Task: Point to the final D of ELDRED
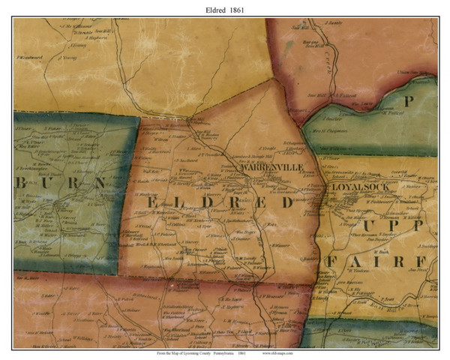[x=286, y=202]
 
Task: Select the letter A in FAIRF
[x=356, y=261]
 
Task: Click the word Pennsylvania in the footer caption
[x=220, y=352]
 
